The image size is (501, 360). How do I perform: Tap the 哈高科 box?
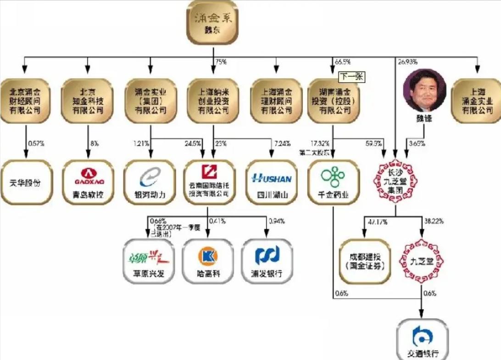[x=207, y=260]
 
